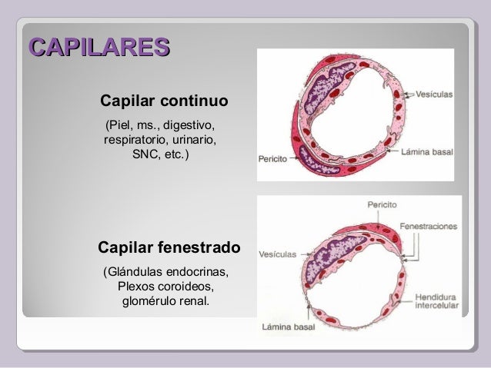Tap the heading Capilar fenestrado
tap(169, 248)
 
